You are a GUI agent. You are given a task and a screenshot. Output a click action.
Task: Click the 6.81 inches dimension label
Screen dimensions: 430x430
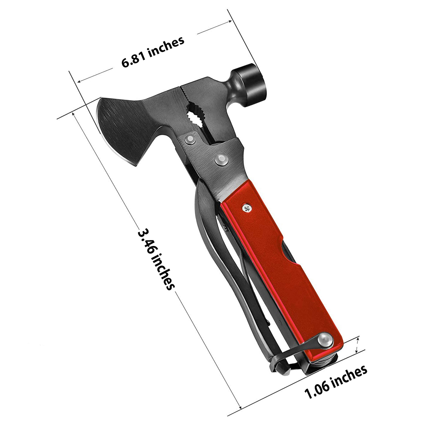(153, 52)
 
